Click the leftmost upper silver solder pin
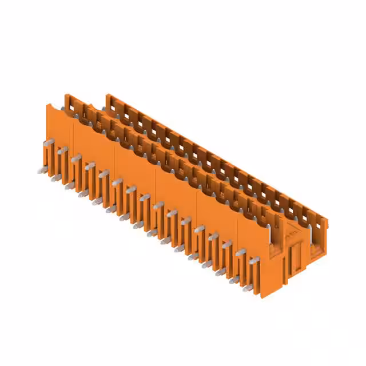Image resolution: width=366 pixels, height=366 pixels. [x=49, y=141]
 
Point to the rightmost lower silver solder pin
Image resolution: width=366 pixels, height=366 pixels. [x=233, y=280]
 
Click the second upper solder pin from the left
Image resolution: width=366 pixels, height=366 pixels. [x=63, y=150]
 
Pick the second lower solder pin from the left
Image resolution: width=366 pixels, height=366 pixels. [x=55, y=178]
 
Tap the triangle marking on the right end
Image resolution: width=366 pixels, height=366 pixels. [x=292, y=233]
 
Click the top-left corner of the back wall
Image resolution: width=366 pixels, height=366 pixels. [x=107, y=95]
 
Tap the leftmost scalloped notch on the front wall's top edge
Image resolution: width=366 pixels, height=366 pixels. [x=61, y=107]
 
